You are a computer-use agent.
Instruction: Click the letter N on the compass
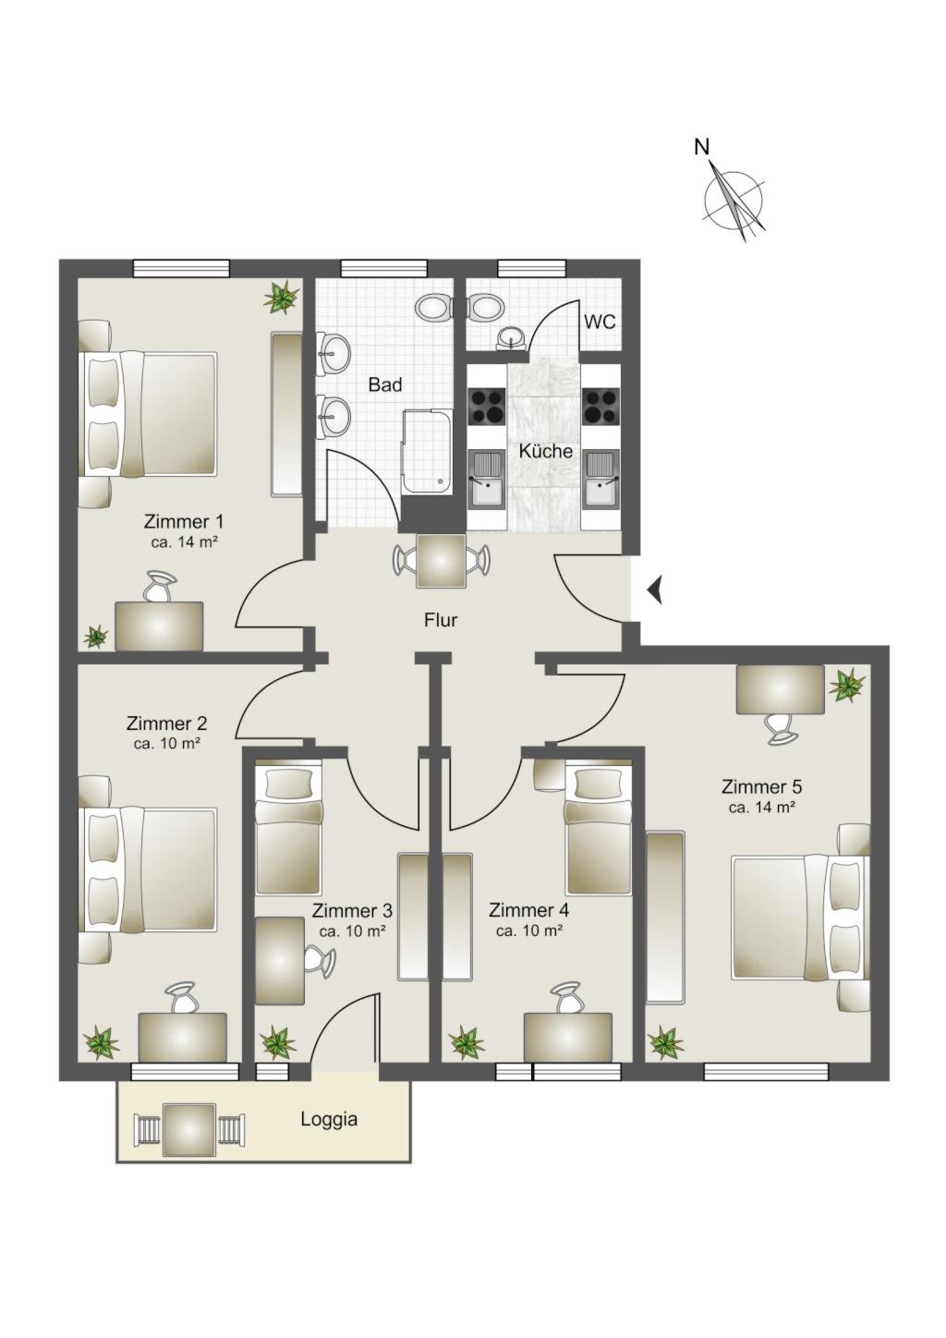pos(702,146)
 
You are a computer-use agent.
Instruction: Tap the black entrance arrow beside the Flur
pos(655,591)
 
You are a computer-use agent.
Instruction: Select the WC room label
pos(600,322)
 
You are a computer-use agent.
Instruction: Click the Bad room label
pos(385,384)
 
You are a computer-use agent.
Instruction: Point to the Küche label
pos(545,450)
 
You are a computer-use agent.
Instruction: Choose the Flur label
pos(441,620)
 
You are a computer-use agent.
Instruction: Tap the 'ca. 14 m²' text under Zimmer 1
pos(183,543)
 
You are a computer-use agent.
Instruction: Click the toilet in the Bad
pos(435,308)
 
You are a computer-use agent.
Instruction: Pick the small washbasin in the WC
pos(511,337)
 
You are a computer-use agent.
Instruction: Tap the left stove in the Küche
pos(487,406)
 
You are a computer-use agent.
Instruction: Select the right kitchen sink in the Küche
pos(602,479)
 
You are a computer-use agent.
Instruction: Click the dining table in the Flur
pos(441,561)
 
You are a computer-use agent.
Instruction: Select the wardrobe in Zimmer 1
pos(286,414)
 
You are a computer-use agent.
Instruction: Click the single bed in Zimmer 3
pos(288,831)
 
